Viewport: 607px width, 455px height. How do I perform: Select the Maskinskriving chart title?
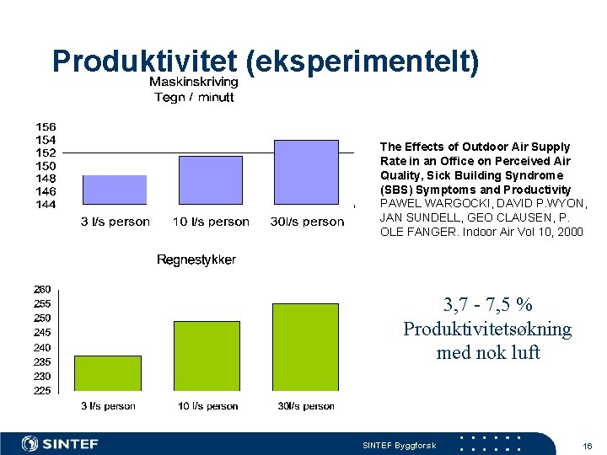(194, 82)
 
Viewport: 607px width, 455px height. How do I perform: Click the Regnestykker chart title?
(196, 260)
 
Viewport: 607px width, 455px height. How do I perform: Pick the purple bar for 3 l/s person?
(115, 190)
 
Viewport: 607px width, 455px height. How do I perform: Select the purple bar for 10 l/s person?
(211, 179)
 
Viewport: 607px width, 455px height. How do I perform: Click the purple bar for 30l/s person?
(306, 172)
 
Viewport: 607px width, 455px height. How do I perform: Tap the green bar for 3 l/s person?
(108, 372)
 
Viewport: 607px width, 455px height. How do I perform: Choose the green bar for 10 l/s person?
(207, 356)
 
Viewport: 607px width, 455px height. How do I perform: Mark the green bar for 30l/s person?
(305, 346)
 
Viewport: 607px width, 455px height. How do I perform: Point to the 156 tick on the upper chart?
(46, 127)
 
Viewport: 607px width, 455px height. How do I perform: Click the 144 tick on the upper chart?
(46, 204)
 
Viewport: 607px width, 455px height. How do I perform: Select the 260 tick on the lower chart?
(42, 289)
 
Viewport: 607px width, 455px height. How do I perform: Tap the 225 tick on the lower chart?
(42, 390)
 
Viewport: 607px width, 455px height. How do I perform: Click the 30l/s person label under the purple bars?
(307, 222)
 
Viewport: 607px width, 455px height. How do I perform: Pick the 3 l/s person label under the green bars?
(108, 406)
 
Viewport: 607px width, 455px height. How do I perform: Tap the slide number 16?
(588, 444)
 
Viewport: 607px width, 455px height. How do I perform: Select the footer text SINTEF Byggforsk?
(399, 445)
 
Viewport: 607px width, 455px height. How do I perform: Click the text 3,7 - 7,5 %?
(487, 305)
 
